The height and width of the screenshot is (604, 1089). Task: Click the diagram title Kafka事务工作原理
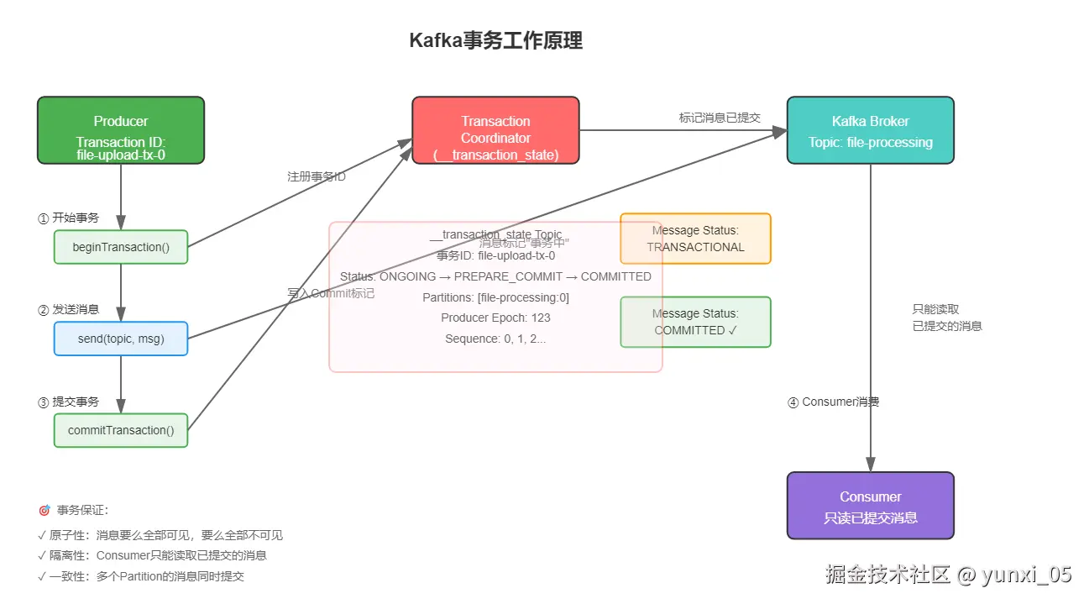(x=495, y=40)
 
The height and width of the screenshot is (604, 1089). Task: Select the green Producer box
(x=121, y=130)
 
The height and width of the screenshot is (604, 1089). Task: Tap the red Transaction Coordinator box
(x=495, y=130)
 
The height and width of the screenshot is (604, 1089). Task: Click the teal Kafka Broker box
(x=870, y=130)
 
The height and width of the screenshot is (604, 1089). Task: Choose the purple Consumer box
(x=870, y=506)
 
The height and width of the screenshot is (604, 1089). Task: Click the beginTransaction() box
(x=121, y=247)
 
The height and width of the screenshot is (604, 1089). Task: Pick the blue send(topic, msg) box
(x=121, y=339)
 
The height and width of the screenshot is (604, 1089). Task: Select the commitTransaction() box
(x=121, y=430)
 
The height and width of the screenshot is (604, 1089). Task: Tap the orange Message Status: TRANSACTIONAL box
(x=695, y=239)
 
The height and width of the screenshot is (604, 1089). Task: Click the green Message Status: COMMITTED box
(x=695, y=322)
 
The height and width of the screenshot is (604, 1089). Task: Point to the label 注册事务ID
(x=317, y=177)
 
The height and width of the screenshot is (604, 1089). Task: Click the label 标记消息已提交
(x=720, y=118)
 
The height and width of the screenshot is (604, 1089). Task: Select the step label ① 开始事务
(x=68, y=218)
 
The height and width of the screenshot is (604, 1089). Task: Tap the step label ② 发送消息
(x=68, y=309)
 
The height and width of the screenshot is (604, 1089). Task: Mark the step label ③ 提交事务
(x=68, y=402)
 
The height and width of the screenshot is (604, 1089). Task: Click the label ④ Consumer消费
(x=833, y=402)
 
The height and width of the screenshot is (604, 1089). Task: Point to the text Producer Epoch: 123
(x=495, y=318)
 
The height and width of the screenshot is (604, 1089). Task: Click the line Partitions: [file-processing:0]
(x=495, y=297)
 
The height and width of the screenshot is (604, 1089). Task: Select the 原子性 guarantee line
(x=160, y=535)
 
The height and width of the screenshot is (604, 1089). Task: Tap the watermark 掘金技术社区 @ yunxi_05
(x=949, y=575)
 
